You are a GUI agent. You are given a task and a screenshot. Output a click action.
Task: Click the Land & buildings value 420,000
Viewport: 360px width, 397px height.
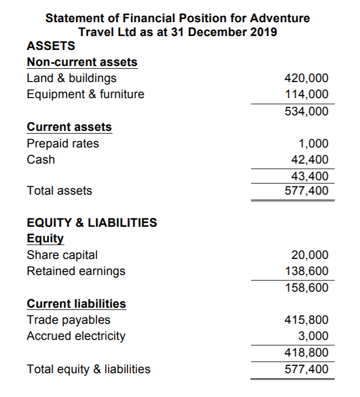coord(306,78)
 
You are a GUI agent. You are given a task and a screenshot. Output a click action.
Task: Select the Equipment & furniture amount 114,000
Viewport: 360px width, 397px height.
coord(306,94)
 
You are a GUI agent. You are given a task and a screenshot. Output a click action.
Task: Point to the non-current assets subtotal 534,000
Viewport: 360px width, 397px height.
coord(306,111)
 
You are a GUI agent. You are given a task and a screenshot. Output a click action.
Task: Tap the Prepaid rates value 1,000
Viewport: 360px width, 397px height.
coord(313,144)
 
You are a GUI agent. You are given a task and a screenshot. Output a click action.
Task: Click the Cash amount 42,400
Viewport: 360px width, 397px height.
coord(309,160)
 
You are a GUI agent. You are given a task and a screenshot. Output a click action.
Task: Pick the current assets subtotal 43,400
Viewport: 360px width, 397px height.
coord(309,176)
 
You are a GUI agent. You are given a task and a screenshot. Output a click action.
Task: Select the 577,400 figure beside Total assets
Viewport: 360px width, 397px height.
coord(306,191)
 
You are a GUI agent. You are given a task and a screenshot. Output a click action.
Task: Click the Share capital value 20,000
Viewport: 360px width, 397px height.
coord(309,255)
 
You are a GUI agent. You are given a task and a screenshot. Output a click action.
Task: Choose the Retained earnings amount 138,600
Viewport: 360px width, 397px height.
coord(306,271)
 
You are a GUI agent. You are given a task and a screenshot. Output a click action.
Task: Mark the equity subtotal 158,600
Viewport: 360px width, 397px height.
coord(306,288)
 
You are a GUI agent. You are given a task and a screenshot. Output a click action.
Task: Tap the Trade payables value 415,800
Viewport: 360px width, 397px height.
coord(306,320)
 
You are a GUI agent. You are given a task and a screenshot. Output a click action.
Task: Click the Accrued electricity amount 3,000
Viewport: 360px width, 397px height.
coord(313,336)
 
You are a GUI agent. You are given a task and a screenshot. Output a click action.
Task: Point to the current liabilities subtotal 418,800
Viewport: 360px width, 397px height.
coord(306,353)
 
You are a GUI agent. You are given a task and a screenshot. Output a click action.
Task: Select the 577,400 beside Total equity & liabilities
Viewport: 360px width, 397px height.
coord(306,369)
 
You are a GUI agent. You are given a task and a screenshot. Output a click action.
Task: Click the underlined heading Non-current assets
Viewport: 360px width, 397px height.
coord(82,62)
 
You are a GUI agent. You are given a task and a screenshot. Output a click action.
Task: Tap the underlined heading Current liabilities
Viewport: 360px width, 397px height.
coord(76,304)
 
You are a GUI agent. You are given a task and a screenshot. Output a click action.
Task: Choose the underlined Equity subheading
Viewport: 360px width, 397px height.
coord(45,239)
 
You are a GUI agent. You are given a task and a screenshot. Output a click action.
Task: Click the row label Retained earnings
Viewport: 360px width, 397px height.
coord(76,271)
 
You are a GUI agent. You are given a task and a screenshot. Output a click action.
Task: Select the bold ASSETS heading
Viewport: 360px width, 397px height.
coord(51,46)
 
